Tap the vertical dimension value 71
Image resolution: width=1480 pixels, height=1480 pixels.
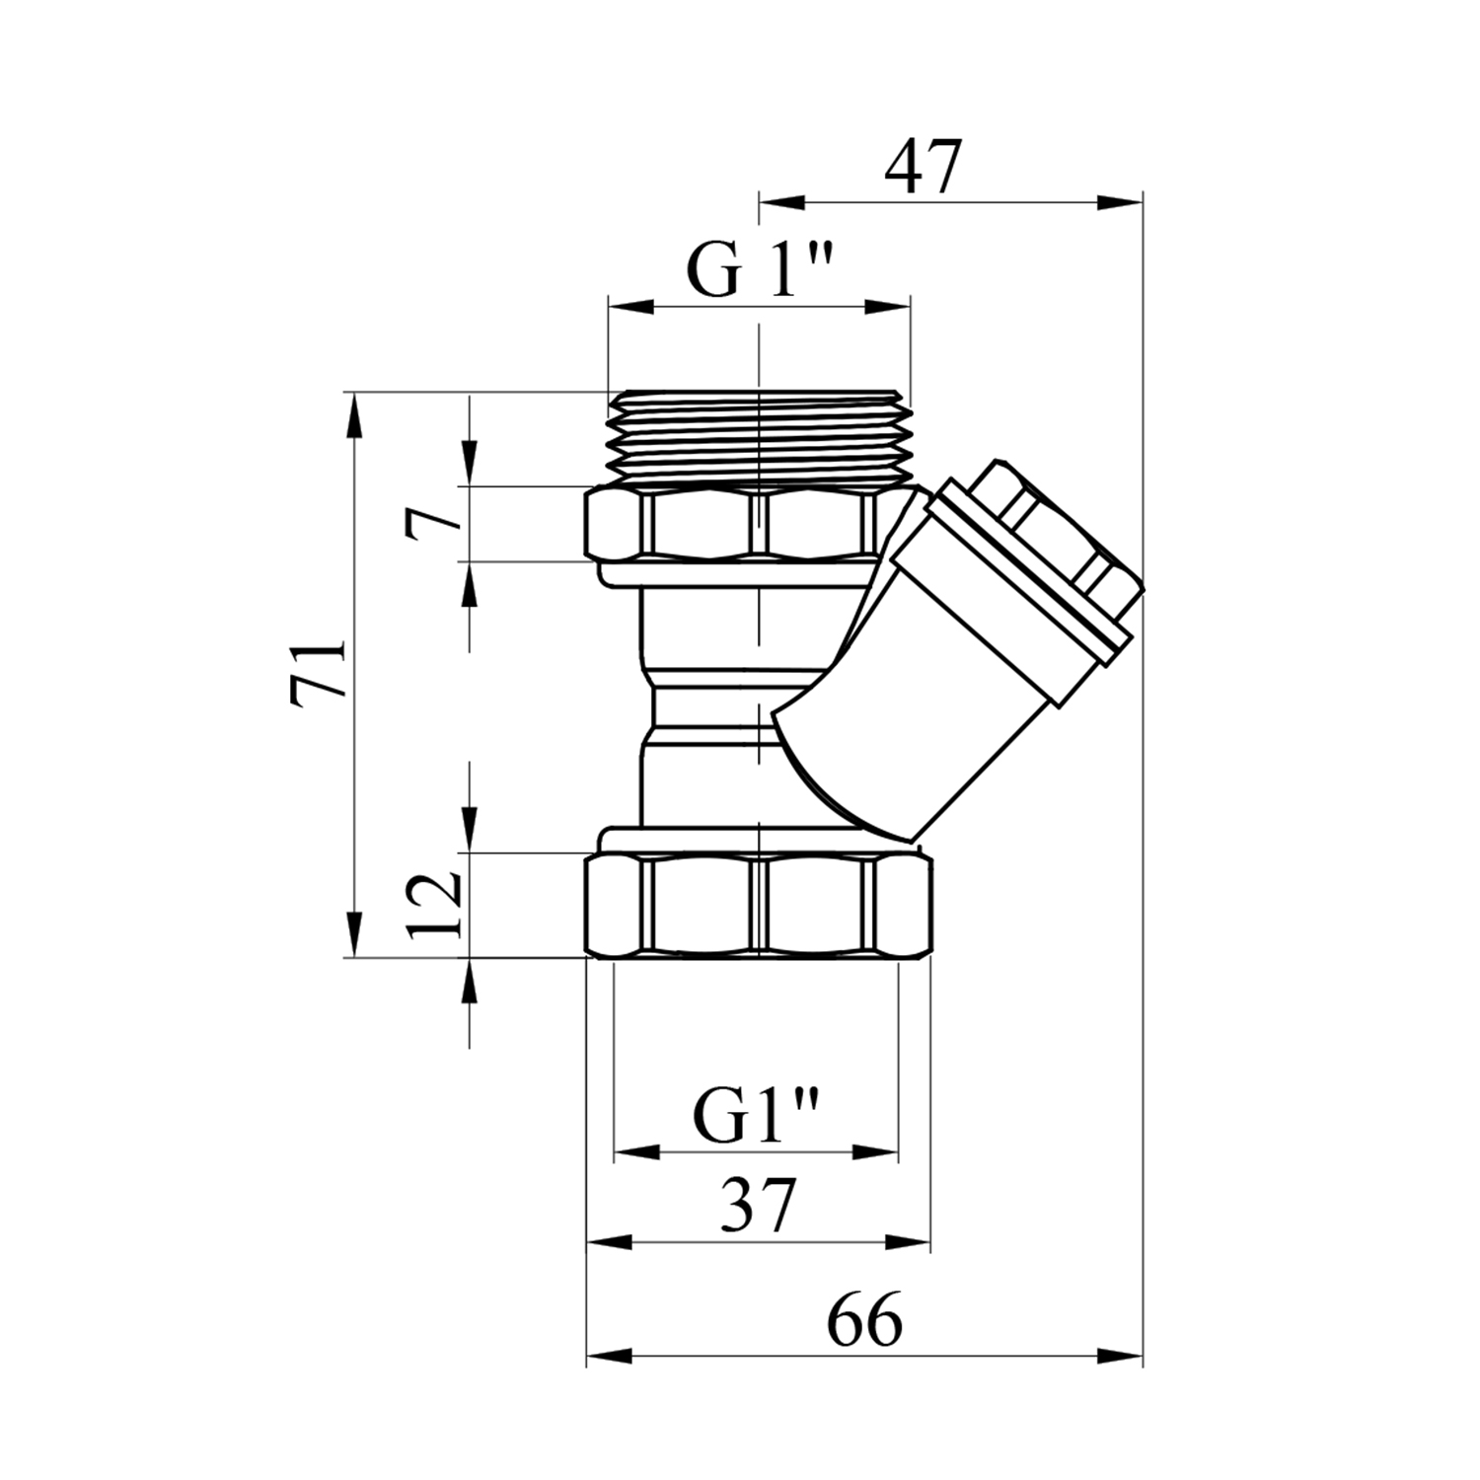319,674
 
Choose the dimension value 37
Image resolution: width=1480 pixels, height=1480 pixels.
758,1206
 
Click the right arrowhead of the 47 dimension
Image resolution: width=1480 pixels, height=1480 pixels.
1120,203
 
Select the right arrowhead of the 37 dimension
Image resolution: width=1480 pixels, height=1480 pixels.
909,1242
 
